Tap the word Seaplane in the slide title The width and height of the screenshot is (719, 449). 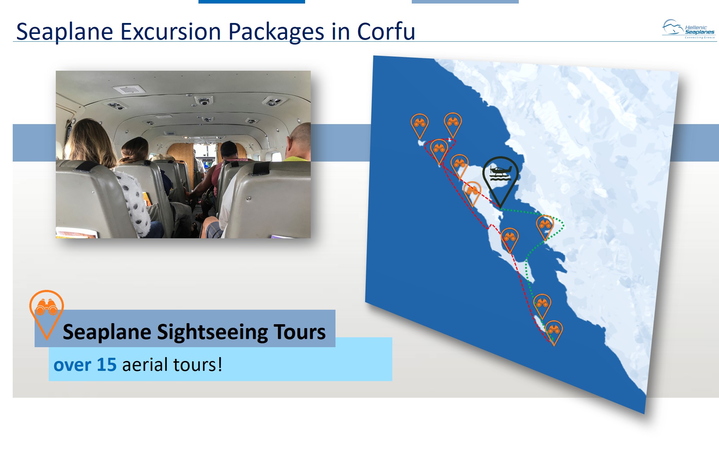65,32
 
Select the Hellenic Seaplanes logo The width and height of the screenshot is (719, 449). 688,29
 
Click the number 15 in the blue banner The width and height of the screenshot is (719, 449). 107,365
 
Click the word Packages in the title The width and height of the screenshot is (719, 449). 276,32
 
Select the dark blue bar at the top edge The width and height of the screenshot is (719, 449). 252,2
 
